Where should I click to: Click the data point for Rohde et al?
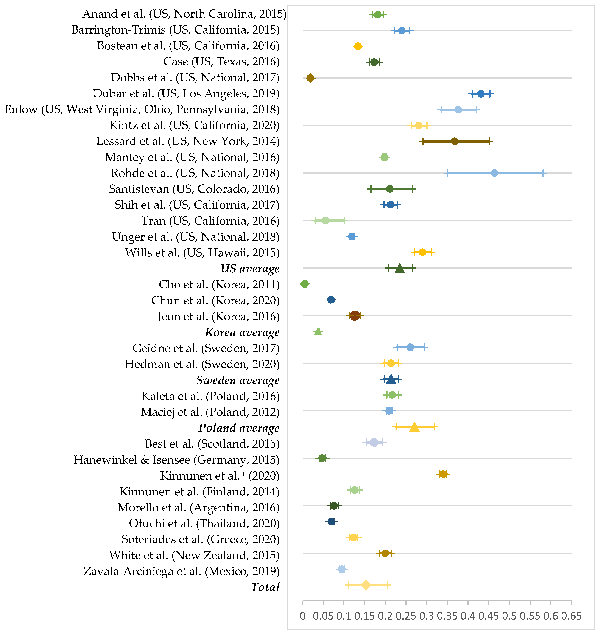[494, 173]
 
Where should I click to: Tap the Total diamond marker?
[366, 585]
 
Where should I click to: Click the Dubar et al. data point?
[481, 94]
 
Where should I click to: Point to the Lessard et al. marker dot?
[455, 141]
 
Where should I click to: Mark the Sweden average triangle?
[391, 379]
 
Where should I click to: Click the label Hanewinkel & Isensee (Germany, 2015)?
[176, 460]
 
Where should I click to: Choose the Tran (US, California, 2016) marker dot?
[325, 220]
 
